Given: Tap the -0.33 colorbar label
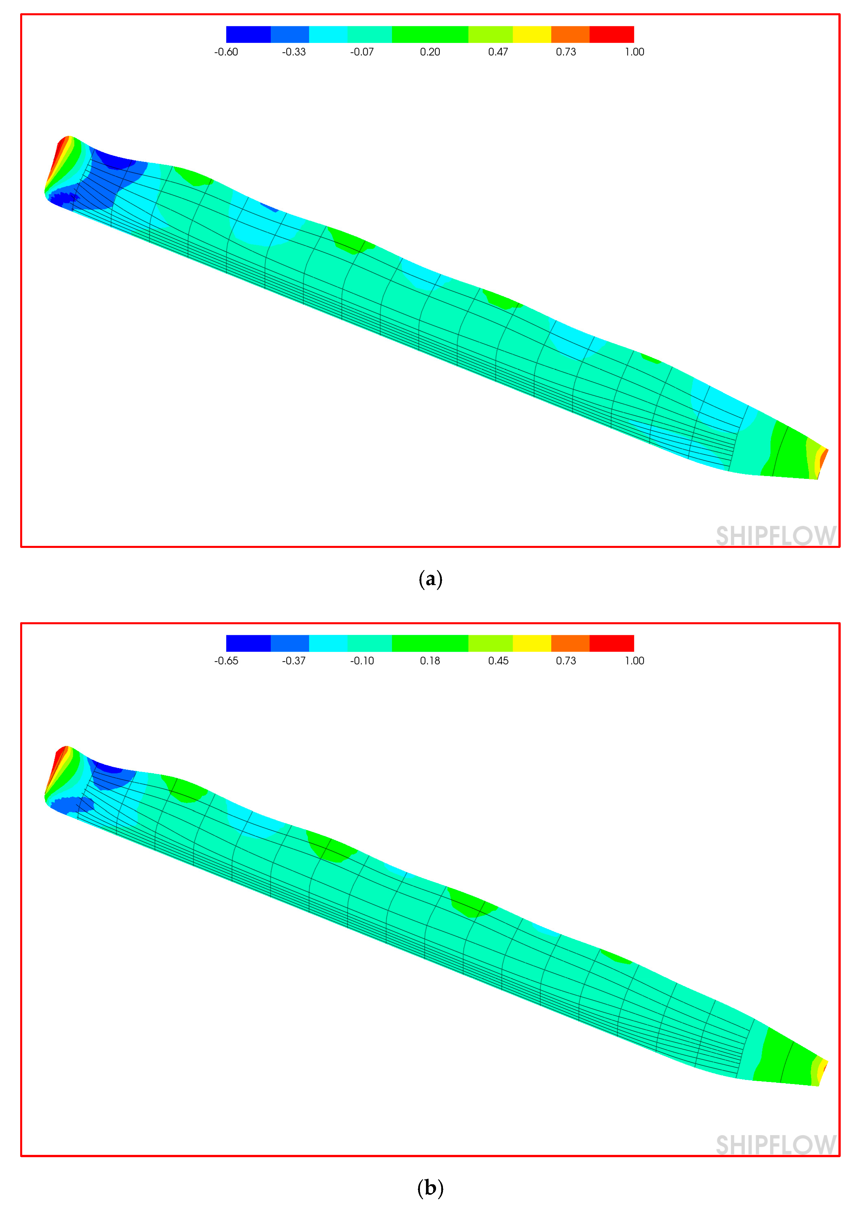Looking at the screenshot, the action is click(x=294, y=52).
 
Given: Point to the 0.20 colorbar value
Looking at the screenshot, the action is click(x=430, y=52).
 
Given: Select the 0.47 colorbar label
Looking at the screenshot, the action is click(x=498, y=52).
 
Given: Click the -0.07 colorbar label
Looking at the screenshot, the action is click(x=362, y=52).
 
